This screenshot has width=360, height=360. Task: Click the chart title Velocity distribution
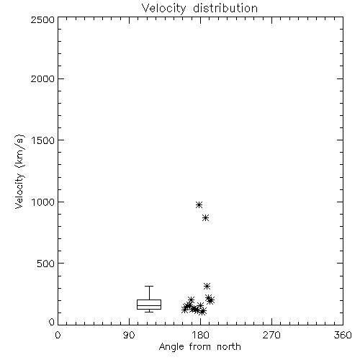point(199,9)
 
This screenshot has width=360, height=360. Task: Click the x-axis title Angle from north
point(199,347)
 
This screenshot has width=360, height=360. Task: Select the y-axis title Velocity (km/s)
point(19,172)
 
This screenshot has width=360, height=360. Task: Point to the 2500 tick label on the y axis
point(42,19)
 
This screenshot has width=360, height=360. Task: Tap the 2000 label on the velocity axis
point(42,78)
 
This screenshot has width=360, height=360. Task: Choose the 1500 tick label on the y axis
point(43,140)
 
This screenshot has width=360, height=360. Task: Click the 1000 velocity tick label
point(43,202)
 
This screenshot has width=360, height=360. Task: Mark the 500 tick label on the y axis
point(46,264)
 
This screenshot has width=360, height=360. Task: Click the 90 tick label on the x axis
point(129,335)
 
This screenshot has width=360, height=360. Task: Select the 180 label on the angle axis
point(200,335)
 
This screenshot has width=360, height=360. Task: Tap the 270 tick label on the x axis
point(271,335)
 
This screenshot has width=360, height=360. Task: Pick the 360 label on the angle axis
point(343,335)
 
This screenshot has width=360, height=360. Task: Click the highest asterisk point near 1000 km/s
point(199,204)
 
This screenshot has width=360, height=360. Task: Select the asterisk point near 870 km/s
point(205,218)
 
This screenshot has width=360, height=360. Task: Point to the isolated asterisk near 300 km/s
point(207,286)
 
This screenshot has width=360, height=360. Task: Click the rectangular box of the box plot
point(149,300)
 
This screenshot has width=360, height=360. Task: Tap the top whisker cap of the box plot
point(149,286)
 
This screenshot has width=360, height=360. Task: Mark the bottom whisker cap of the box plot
point(149,312)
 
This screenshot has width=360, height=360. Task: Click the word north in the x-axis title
point(229,347)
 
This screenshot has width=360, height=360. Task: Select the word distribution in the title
point(225,9)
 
